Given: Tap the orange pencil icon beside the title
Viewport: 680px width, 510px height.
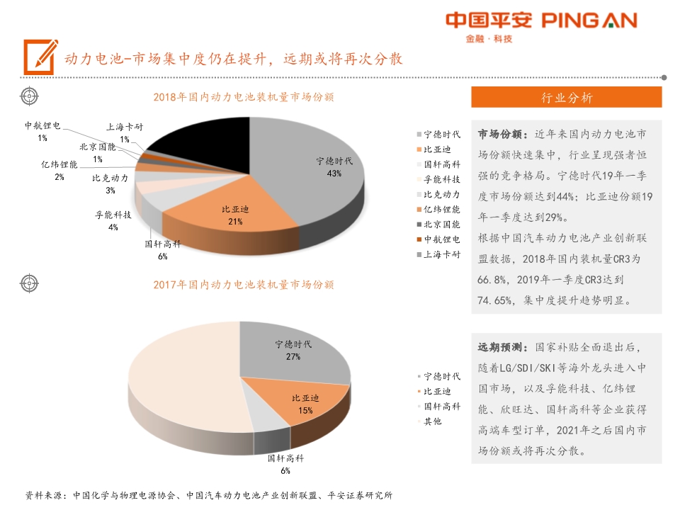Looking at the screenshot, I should point(40,57).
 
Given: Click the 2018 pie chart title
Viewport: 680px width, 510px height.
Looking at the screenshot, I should point(244,97).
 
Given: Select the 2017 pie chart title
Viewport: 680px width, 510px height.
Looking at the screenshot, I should point(244,285).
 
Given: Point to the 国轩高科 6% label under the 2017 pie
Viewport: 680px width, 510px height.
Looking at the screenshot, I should point(285,464).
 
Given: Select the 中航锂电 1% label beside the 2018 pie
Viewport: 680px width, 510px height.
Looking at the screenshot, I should point(42,132).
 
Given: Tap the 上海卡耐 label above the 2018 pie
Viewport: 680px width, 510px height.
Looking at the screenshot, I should point(125,127).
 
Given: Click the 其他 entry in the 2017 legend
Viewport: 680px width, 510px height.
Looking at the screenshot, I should point(432,421).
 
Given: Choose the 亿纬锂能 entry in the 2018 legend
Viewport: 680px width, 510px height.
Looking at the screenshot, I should point(441,209).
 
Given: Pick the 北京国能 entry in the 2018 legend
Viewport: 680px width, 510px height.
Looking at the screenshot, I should point(441,224).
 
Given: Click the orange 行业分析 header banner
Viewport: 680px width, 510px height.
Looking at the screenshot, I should point(566,98).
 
